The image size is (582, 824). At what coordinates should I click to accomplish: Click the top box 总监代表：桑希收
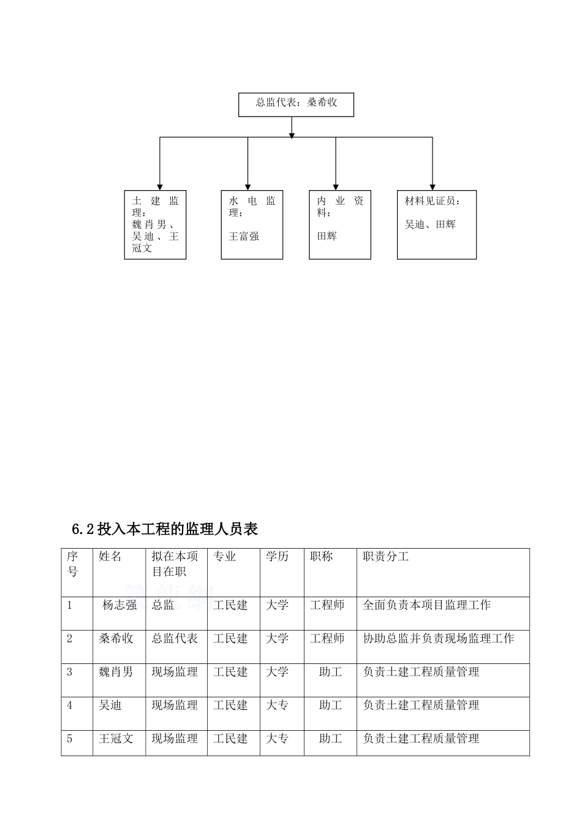point(296,104)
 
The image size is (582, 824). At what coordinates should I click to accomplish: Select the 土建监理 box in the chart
point(155,224)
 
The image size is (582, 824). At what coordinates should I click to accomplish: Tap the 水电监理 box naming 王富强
point(252,224)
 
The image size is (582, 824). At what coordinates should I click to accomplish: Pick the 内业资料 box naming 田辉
point(340,224)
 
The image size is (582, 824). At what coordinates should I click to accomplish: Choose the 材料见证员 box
point(437,224)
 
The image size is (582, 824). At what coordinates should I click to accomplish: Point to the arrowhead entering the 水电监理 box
point(248,186)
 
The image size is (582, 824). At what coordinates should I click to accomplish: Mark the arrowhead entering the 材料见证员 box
point(433,186)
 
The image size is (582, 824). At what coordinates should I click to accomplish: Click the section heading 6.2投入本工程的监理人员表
point(165,529)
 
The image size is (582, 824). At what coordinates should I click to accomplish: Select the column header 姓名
point(110,557)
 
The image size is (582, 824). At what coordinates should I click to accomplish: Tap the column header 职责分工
point(386,557)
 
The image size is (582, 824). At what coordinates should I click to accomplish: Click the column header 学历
point(277,557)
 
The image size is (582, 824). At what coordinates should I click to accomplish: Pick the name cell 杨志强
point(119,605)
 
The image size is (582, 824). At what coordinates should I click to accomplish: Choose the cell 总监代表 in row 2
point(175,639)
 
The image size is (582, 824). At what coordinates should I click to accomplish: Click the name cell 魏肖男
point(116,672)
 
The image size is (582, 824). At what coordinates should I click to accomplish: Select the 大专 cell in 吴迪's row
point(277,706)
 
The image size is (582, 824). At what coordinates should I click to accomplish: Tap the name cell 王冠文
point(116,739)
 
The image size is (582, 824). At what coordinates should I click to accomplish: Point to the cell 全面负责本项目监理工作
point(426,605)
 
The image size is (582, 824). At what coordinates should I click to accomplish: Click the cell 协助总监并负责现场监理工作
point(438,639)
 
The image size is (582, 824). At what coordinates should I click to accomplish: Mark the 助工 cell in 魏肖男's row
point(330,672)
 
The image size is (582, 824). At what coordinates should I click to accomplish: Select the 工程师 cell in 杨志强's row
point(327,605)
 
